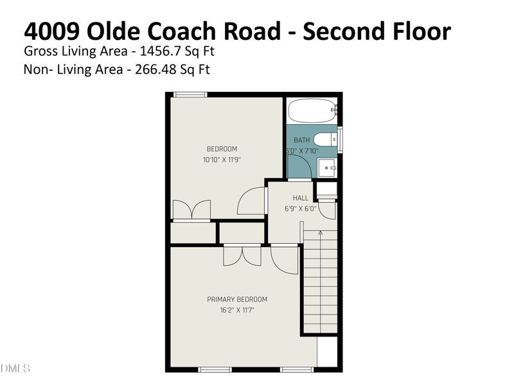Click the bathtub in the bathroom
[x=312, y=111]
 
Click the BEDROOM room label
[x=222, y=149]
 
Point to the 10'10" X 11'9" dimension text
[x=222, y=160]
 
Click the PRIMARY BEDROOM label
[x=237, y=299]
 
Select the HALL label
[x=301, y=198]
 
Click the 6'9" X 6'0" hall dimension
[x=301, y=208]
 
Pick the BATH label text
[x=301, y=140]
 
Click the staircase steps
[x=319, y=283]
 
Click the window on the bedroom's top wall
[x=191, y=95]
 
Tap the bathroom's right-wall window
[x=340, y=138]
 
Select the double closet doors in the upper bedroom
[x=191, y=210]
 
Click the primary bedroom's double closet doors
[x=242, y=255]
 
